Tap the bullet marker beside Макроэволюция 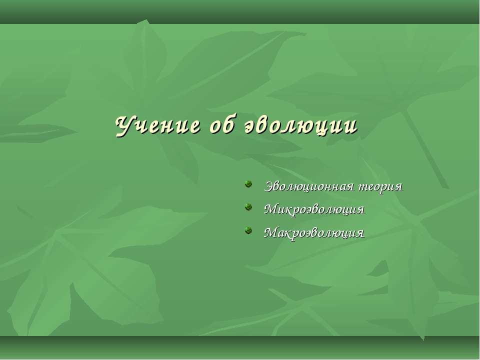248,231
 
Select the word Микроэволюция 314,209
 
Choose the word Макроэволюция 314,232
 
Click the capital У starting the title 123,125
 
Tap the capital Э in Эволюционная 268,186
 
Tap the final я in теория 398,187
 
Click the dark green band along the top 240,11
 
